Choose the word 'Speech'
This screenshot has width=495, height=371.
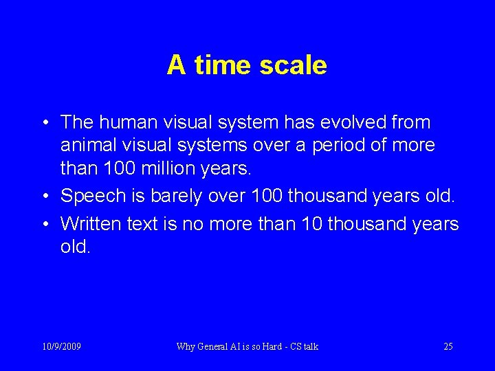[91, 196]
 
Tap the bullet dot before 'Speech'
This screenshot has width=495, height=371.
[45, 196]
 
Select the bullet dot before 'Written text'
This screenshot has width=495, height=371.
[45, 224]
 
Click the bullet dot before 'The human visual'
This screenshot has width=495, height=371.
[45, 124]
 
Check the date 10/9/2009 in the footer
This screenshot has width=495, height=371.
[61, 346]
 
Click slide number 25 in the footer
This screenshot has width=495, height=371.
[448, 346]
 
